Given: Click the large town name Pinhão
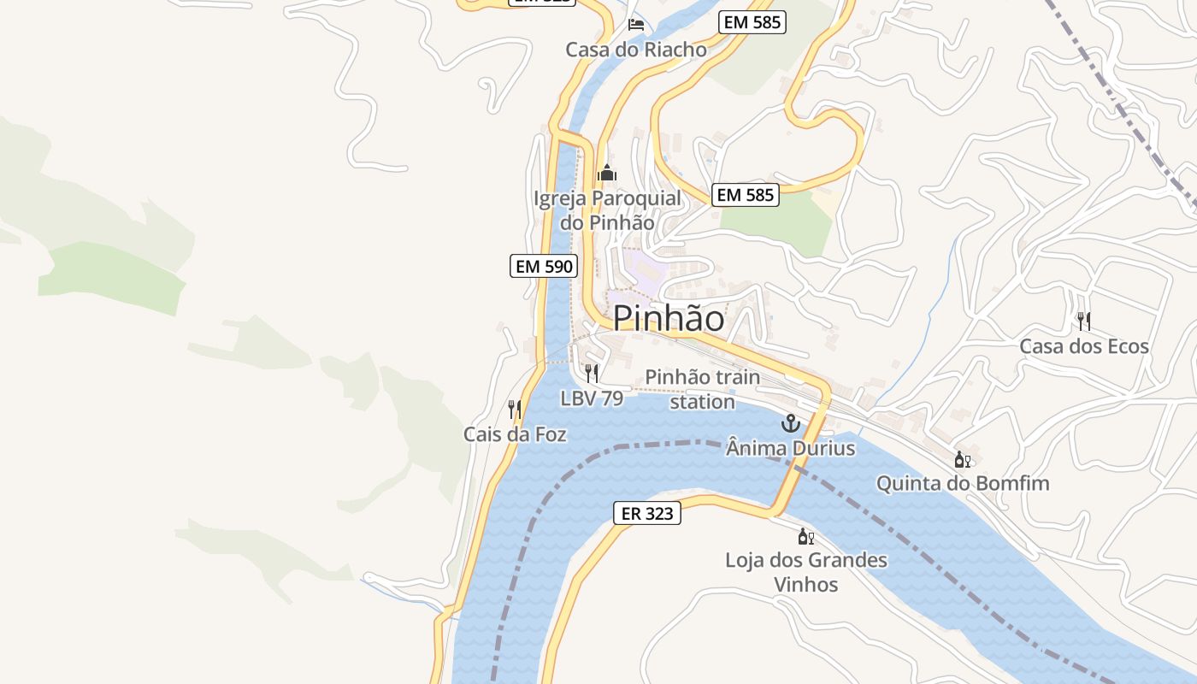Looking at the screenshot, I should [x=669, y=319].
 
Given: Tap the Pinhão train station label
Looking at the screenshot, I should [x=702, y=389].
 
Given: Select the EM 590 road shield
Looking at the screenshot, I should [x=544, y=266].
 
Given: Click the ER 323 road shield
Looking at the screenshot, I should [x=647, y=513].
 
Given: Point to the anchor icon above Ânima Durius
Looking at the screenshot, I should [x=791, y=423].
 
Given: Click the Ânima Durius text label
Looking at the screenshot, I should [x=791, y=447].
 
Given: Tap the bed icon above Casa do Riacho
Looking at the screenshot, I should [x=636, y=24].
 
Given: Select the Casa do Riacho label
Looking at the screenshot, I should [x=636, y=50].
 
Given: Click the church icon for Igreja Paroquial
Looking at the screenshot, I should [x=607, y=173].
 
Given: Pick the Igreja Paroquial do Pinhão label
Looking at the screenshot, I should [x=608, y=210].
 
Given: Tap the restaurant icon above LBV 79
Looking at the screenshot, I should [x=592, y=373].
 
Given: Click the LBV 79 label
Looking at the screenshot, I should [x=592, y=398].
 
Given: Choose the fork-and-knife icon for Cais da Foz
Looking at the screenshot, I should [x=515, y=409].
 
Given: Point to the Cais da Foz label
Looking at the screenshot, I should [x=515, y=434].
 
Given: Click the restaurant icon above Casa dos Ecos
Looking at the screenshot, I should [x=1084, y=321].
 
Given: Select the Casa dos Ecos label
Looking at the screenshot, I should [x=1084, y=346].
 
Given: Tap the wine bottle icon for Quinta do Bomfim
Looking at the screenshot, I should [x=963, y=459].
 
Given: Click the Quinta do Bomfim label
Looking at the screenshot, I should [x=963, y=484].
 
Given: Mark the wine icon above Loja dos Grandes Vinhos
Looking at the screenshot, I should [x=805, y=536].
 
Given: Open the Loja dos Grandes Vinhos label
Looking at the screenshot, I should [x=806, y=572].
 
